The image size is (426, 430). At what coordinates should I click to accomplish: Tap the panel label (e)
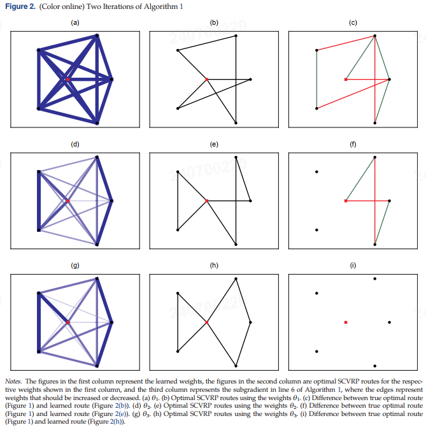[214, 144]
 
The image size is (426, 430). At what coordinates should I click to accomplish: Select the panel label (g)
[75, 265]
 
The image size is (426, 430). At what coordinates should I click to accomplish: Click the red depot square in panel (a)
[67, 80]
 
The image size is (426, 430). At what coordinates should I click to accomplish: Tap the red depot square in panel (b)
[207, 80]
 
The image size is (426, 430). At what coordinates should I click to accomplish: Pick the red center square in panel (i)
[346, 323]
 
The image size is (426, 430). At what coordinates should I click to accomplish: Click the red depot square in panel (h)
[207, 323]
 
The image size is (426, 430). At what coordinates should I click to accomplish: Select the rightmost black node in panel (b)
[251, 80]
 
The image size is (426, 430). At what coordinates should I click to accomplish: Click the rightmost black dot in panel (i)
[390, 323]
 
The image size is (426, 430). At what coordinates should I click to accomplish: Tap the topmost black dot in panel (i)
[375, 278]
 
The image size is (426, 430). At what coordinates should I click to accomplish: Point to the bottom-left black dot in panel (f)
[316, 230]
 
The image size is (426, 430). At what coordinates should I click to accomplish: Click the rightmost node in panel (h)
[251, 323]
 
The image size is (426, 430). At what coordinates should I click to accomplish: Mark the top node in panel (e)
[236, 157]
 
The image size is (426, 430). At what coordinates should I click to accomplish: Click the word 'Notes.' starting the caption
[13, 380]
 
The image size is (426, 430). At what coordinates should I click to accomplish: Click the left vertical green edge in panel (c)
[316, 78]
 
